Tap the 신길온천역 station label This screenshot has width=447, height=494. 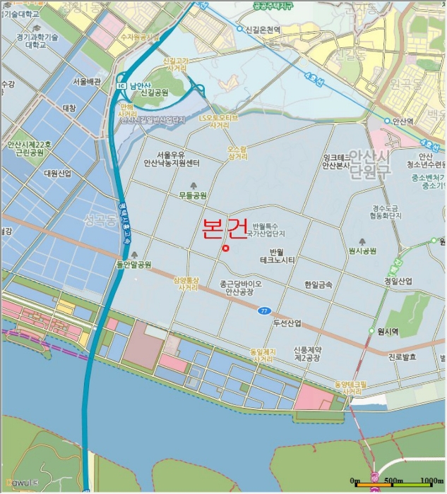(x=263, y=30)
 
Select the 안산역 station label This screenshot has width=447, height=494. (x=402, y=121)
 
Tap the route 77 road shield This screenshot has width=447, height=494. (x=263, y=310)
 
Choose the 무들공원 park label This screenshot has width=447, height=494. (x=192, y=195)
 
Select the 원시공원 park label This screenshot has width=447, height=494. (x=362, y=251)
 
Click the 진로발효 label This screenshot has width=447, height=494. (x=402, y=357)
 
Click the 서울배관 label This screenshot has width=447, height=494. (x=87, y=82)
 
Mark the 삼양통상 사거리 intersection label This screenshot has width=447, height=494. (x=187, y=284)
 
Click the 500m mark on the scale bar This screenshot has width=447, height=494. (x=393, y=481)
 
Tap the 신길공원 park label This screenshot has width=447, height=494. (x=155, y=92)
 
